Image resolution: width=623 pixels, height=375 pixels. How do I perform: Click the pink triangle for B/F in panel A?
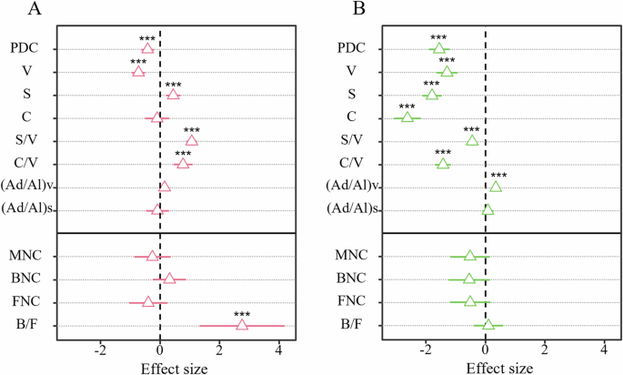pos(242,325)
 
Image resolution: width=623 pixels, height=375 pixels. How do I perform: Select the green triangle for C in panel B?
pos(407,117)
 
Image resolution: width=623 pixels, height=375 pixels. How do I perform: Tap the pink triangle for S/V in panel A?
pos(191,140)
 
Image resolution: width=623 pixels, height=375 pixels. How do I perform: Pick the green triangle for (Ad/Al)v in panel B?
pos(496,187)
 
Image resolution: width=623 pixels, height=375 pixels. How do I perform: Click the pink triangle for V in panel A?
pos(138,71)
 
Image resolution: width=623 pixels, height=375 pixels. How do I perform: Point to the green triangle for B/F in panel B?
pos(488,325)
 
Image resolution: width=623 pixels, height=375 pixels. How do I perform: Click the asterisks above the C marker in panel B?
pos(407,106)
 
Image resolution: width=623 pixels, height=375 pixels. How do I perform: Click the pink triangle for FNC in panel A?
pos(147,301)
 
